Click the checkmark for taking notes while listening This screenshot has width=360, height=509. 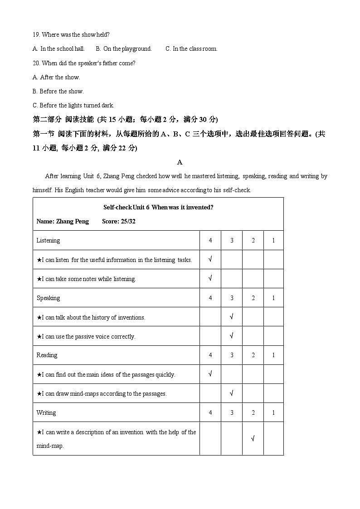(210, 278)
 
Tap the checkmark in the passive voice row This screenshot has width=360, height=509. (232, 336)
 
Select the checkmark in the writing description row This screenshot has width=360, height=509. (253, 438)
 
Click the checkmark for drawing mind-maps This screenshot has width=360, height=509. (232, 393)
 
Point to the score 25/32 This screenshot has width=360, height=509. (119, 222)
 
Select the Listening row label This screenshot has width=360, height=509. (48, 240)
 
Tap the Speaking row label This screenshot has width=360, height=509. (48, 298)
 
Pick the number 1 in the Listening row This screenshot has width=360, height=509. (273, 240)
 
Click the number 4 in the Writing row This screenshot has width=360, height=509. (210, 412)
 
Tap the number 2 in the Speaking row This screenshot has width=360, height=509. (253, 298)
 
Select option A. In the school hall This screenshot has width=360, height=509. (59, 48)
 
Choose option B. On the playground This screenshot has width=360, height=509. (124, 48)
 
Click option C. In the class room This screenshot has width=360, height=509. (191, 48)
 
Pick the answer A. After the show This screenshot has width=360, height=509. (57, 77)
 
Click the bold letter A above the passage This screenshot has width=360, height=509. (180, 162)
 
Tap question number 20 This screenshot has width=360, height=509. (36, 63)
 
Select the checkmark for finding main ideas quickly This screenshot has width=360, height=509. (210, 374)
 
